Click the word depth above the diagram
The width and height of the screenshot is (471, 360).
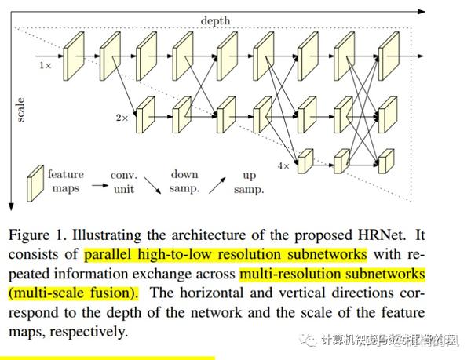click(216, 20)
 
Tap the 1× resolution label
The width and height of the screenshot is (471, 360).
click(46, 66)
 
